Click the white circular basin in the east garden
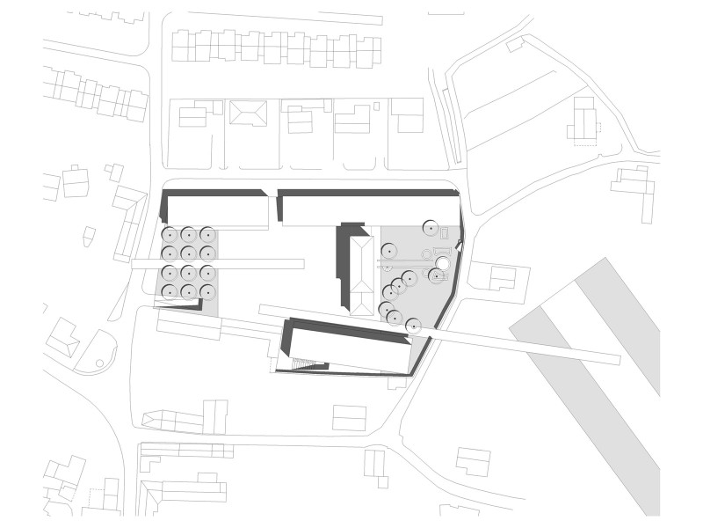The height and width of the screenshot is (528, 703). [443, 264]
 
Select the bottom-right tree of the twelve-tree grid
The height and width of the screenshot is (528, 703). [207, 292]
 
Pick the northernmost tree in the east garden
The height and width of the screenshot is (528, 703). [430, 228]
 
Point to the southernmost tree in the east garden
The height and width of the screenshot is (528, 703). [413, 326]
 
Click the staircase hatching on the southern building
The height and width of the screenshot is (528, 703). [303, 363]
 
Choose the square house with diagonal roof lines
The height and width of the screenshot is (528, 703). [248, 113]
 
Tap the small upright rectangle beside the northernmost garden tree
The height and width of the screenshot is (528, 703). [445, 233]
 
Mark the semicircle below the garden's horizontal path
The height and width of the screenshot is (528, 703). [388, 267]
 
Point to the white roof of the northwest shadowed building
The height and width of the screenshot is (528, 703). [217, 212]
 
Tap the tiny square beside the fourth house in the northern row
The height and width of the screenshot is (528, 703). [376, 106]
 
